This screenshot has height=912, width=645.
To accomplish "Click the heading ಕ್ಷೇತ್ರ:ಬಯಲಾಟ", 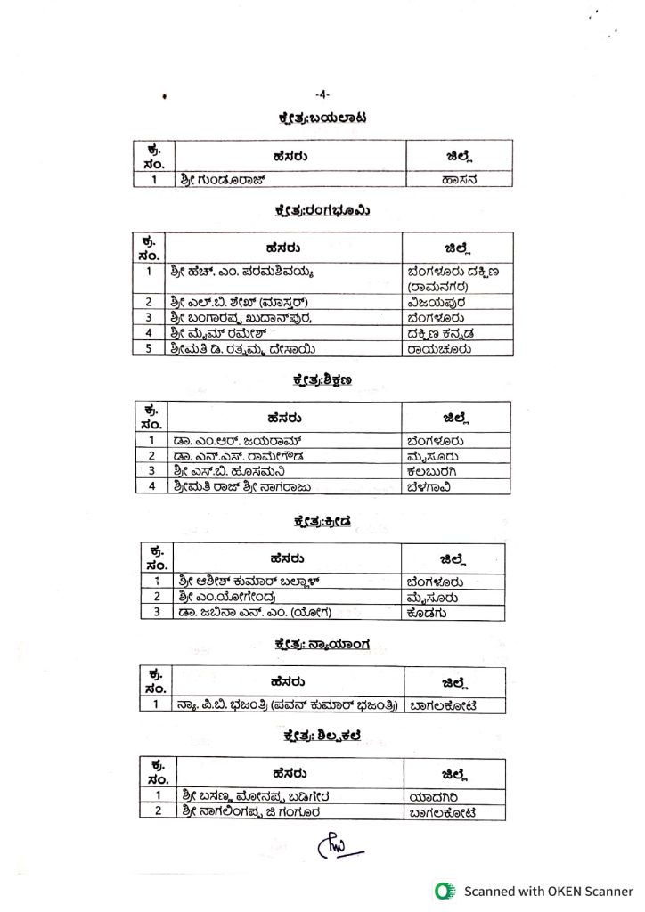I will tap(322, 118).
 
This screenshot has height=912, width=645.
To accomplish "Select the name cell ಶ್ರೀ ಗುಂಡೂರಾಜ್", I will tap(217, 179).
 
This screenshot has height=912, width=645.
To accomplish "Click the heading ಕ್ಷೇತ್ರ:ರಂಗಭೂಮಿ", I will tap(322, 211).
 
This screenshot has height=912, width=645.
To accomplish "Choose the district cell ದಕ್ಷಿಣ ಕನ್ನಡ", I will tap(443, 333).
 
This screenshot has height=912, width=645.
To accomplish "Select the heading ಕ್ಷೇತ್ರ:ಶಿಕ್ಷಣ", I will tap(322, 380).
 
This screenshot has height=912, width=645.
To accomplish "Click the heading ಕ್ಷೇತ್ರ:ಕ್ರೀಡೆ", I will tap(322, 521).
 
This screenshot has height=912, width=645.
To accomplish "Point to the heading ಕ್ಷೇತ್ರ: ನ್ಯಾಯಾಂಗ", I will tap(322, 644).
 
